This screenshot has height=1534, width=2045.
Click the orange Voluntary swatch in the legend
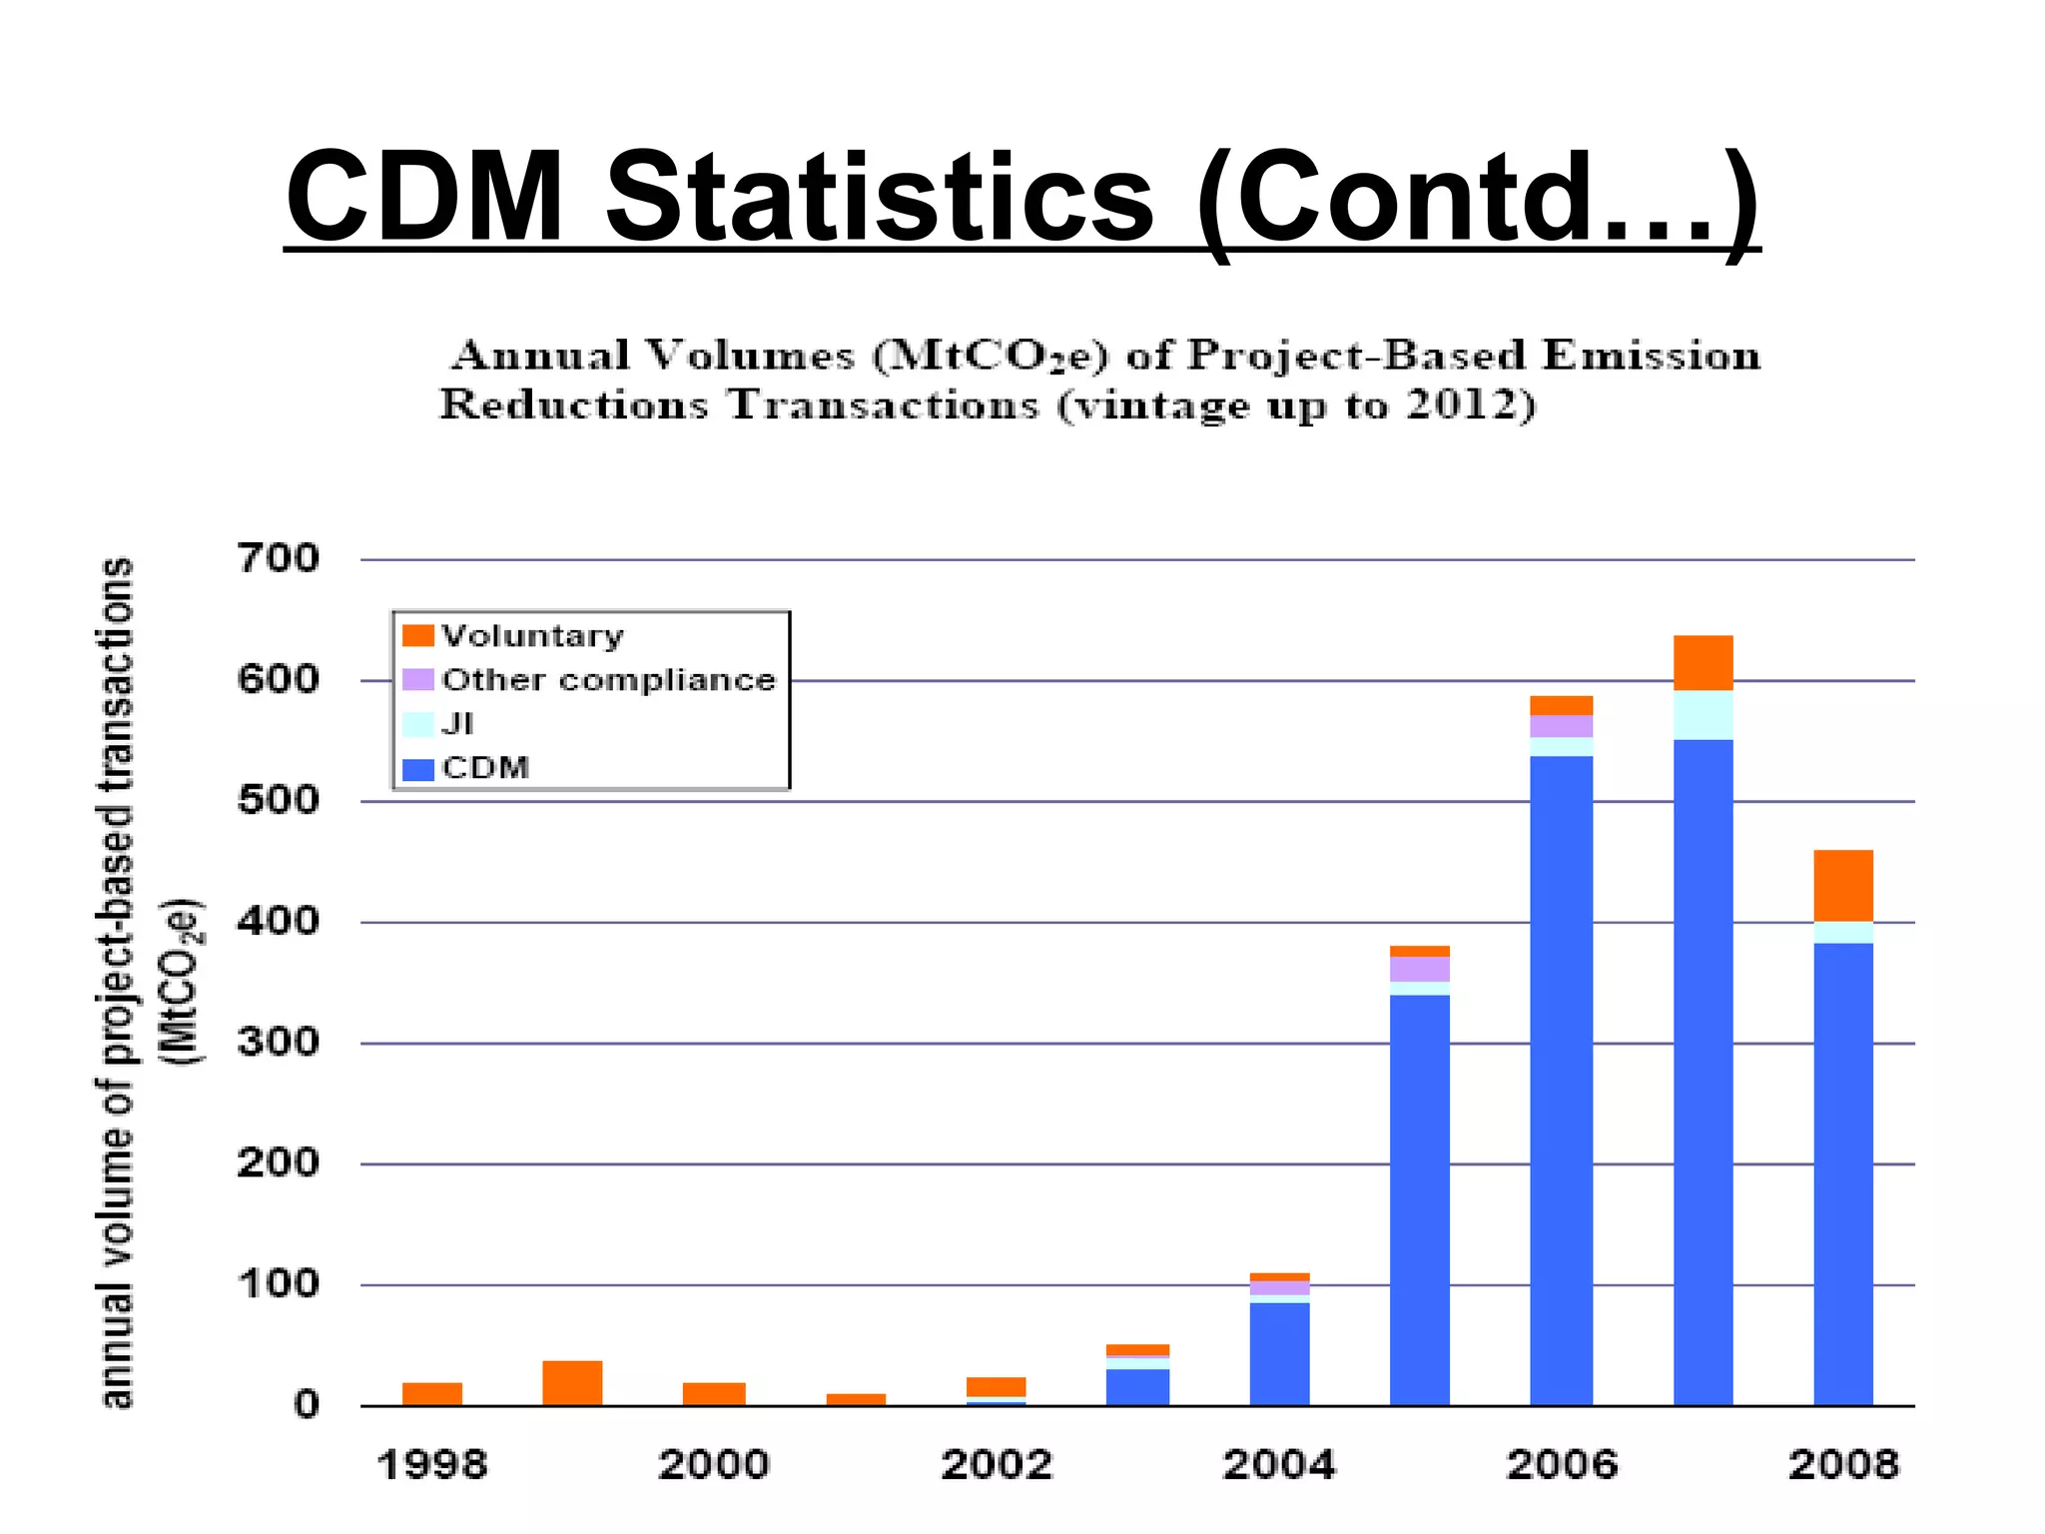tap(417, 636)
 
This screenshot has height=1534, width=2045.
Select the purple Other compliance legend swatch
tap(417, 680)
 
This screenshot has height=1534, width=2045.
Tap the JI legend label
tap(457, 724)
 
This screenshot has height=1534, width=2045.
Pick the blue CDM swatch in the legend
tap(417, 769)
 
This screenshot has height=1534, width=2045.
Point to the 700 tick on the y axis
tap(279, 558)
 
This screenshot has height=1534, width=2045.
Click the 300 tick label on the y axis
tap(279, 1043)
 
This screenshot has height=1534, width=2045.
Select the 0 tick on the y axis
tap(306, 1405)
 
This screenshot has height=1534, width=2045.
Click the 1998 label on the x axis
tap(432, 1465)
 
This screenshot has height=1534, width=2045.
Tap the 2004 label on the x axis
tap(1279, 1465)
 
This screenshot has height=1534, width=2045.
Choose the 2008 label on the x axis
tap(1843, 1465)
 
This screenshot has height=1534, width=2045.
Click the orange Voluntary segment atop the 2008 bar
tap(1843, 885)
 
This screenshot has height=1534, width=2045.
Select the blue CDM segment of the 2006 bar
tap(1561, 1079)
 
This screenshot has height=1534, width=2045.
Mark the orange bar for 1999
tap(572, 1383)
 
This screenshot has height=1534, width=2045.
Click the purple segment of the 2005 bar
tap(1420, 969)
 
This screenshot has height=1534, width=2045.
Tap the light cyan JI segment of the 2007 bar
tap(1703, 715)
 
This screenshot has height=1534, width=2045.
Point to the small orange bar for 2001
tap(856, 1400)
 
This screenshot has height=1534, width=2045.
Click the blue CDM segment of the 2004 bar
tap(1279, 1353)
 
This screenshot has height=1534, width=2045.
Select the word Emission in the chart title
tap(1650, 356)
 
